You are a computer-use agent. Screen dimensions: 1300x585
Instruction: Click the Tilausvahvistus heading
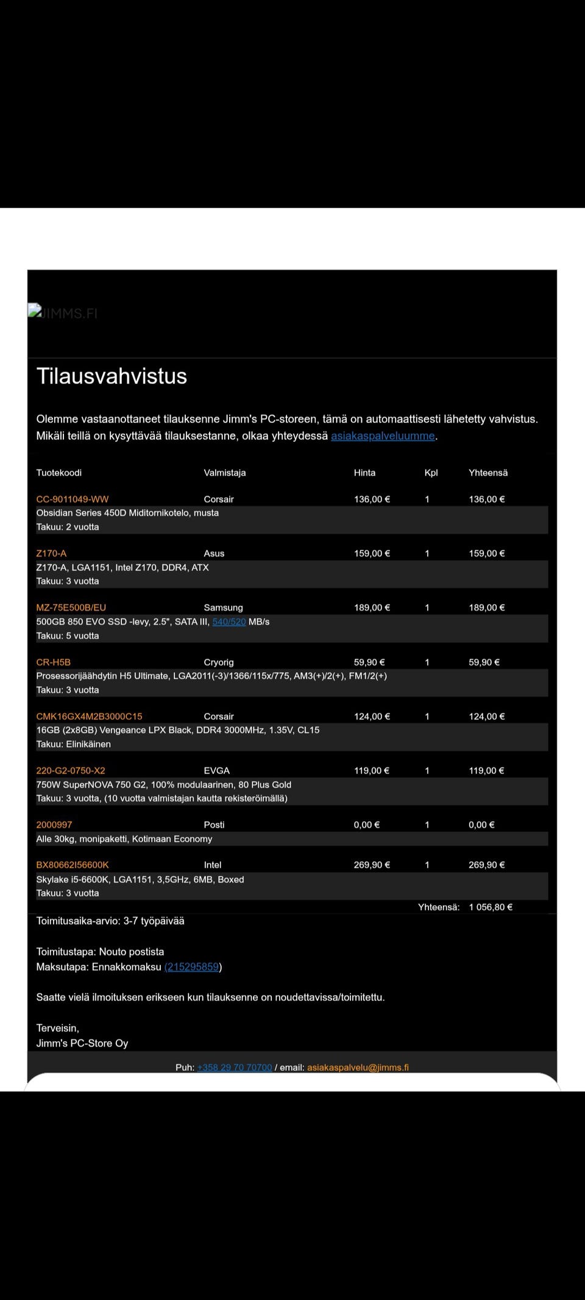(x=112, y=376)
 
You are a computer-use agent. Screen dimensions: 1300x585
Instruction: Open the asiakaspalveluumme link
(x=383, y=436)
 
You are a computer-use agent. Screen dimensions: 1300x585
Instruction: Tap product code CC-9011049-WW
(x=72, y=499)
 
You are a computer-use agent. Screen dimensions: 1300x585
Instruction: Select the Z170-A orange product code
(x=51, y=553)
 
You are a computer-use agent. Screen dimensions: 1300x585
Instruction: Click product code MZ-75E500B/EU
(x=71, y=608)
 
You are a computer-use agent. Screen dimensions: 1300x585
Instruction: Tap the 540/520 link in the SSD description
(x=229, y=622)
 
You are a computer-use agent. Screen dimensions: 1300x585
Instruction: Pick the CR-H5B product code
(x=53, y=662)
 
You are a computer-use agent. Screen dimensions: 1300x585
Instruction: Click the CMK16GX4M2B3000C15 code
(x=89, y=716)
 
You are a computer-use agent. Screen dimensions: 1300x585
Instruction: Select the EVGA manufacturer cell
(x=216, y=770)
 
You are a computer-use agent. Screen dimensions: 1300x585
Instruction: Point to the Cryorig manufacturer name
(x=219, y=662)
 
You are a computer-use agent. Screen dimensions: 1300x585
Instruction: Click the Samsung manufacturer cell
(x=223, y=608)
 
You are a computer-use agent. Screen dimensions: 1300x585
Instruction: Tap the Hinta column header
(x=364, y=472)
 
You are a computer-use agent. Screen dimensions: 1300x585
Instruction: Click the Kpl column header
(x=431, y=472)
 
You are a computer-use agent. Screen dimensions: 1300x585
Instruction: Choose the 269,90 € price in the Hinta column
(x=372, y=865)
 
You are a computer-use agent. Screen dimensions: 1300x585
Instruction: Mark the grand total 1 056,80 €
(x=491, y=907)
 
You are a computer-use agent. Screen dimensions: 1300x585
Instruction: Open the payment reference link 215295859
(x=193, y=967)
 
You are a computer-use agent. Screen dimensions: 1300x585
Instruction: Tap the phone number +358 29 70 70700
(x=235, y=1067)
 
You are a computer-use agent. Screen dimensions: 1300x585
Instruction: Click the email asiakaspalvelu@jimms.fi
(x=358, y=1067)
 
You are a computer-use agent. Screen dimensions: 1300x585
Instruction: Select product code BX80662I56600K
(x=73, y=865)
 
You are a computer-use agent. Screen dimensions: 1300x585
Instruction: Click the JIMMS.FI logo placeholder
(x=63, y=313)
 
